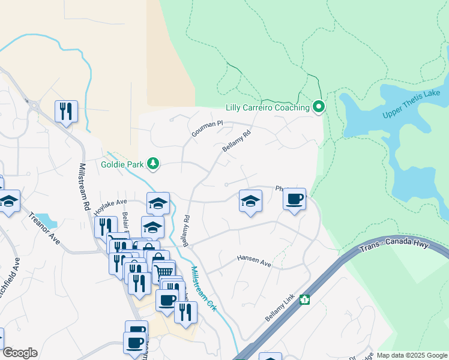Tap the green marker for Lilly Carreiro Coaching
pyautogui.click(x=319, y=107)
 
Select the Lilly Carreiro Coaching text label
pyautogui.click(x=267, y=108)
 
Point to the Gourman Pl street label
pyautogui.click(x=207, y=127)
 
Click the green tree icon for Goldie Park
pyautogui.click(x=153, y=163)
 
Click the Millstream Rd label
pyautogui.click(x=85, y=186)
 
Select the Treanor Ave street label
pyautogui.click(x=44, y=227)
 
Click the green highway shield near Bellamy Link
pyautogui.click(x=305, y=299)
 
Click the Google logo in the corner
pyautogui.click(x=20, y=353)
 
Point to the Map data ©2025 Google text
pyautogui.click(x=411, y=355)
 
